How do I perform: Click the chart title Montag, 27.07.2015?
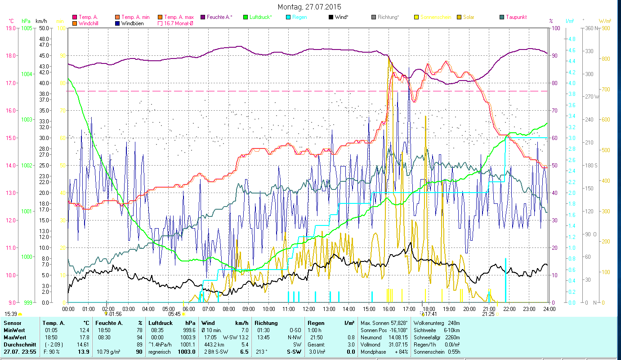[x=309, y=7]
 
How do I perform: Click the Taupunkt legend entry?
[x=516, y=17]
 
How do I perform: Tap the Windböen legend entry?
[x=132, y=23]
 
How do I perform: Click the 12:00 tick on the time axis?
[x=309, y=309]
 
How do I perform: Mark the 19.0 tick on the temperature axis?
[x=9, y=28]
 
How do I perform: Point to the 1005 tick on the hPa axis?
[x=27, y=28]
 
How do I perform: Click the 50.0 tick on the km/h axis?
[x=44, y=28]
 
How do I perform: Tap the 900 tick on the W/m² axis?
[x=605, y=28]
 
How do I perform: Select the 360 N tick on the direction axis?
[x=590, y=28]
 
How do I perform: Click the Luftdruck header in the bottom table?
[x=161, y=323]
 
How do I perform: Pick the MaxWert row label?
[x=14, y=337]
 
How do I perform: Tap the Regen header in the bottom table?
[x=316, y=323]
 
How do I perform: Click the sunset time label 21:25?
[x=488, y=314]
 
